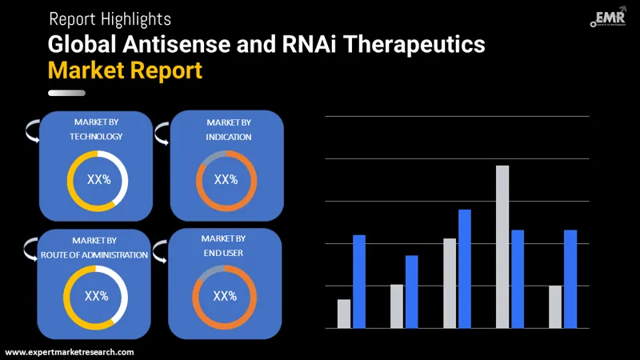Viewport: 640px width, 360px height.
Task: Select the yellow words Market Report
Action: tap(125, 70)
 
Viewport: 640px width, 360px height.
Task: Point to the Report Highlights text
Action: tap(110, 18)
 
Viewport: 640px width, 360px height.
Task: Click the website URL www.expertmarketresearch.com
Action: tap(70, 352)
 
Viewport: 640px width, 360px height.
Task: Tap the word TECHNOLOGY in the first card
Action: tap(96, 137)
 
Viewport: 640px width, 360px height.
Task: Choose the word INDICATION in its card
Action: tap(228, 137)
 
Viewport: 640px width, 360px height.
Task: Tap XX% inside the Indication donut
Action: tap(226, 180)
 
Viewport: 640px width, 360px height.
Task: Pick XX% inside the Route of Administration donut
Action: tap(96, 296)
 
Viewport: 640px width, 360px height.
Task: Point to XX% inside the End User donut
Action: tap(225, 296)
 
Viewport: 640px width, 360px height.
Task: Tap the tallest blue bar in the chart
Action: tap(465, 268)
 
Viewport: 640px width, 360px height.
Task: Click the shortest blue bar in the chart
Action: tap(412, 291)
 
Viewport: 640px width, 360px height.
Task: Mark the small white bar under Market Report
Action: tap(66, 94)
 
